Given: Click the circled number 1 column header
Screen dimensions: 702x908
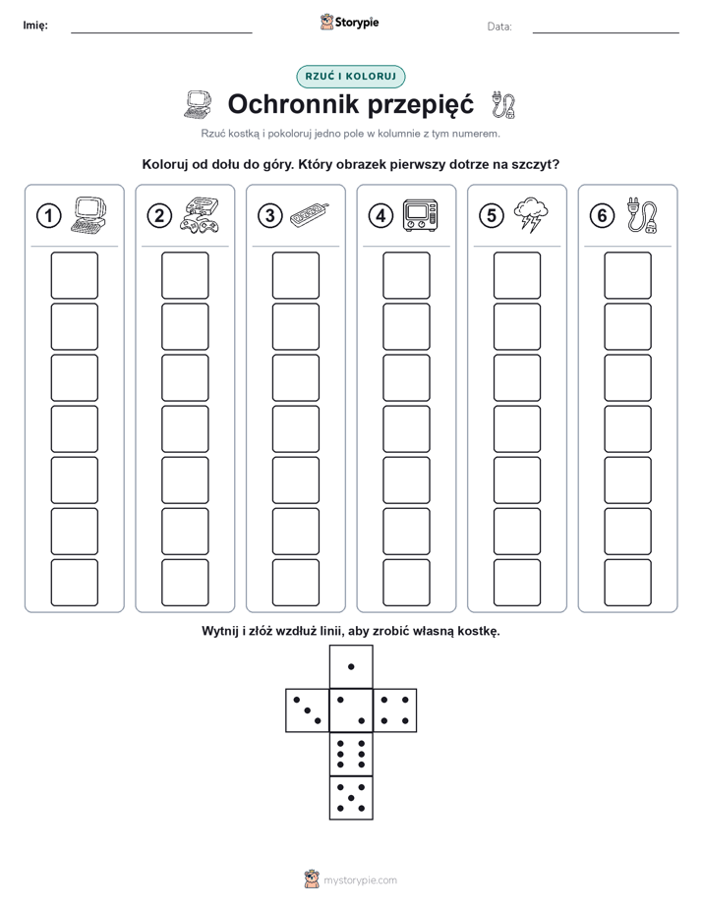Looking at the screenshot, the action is click(48, 216).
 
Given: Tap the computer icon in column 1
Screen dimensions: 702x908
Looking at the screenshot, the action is click(89, 215).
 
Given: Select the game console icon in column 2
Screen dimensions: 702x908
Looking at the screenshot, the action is click(200, 215).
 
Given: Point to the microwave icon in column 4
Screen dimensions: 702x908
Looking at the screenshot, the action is click(421, 215).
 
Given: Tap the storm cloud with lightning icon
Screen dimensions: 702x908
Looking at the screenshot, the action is click(531, 215).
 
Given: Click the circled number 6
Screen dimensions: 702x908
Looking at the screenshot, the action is click(602, 216).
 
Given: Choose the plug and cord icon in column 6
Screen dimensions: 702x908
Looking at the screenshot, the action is click(642, 215).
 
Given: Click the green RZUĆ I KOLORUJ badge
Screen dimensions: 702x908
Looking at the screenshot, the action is click(351, 77).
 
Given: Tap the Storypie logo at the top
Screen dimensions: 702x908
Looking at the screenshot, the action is click(349, 23).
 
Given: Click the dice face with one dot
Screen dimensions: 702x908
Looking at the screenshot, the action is click(351, 666).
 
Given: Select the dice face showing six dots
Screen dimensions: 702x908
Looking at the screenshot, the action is click(351, 754).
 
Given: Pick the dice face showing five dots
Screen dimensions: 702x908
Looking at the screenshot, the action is click(351, 798).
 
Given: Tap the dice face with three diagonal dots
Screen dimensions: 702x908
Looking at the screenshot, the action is click(308, 710).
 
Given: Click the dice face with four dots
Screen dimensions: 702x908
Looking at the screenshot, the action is click(395, 710).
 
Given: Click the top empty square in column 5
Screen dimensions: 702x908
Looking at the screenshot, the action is click(517, 275).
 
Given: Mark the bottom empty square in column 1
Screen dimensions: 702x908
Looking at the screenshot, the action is click(74, 583).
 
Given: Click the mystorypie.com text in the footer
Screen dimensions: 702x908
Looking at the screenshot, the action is click(360, 880).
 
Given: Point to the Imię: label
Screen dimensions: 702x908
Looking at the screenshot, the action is click(35, 26).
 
